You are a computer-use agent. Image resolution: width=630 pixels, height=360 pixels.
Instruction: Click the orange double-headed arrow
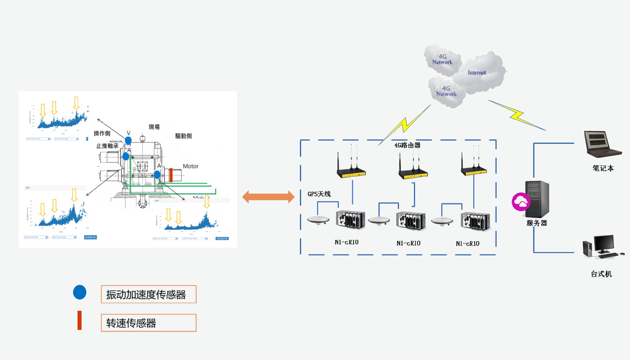pyautogui.click(x=268, y=197)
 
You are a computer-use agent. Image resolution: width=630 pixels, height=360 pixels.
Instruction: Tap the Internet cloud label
pyautogui.click(x=476, y=73)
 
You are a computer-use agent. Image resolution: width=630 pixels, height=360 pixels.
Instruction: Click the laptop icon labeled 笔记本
pyautogui.click(x=602, y=144)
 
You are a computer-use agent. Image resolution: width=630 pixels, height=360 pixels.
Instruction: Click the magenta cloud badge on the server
pyautogui.click(x=521, y=202)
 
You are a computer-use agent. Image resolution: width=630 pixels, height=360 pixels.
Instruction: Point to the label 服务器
pyautogui.click(x=536, y=223)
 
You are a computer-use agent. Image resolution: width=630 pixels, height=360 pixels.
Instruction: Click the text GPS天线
pyautogui.click(x=319, y=194)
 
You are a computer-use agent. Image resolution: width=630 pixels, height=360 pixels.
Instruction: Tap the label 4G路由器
pyautogui.click(x=407, y=145)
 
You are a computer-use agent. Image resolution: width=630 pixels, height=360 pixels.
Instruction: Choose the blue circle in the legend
pyautogui.click(x=80, y=292)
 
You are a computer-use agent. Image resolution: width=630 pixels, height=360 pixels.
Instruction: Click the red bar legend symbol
pyautogui.click(x=79, y=320)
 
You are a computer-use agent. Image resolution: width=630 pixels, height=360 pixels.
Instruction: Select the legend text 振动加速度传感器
pyautogui.click(x=146, y=295)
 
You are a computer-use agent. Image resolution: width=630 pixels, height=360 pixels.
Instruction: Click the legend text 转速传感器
pyautogui.click(x=131, y=323)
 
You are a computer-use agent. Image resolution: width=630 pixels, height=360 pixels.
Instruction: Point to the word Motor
pyautogui.click(x=191, y=166)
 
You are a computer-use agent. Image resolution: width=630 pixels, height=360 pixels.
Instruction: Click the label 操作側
pyautogui.click(x=102, y=133)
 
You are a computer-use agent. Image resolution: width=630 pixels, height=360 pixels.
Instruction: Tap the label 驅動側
pyautogui.click(x=183, y=136)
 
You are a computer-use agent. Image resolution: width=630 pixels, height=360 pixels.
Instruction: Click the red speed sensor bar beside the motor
pyautogui.click(x=171, y=175)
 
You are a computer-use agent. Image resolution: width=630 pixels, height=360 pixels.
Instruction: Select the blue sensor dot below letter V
pyautogui.click(x=128, y=140)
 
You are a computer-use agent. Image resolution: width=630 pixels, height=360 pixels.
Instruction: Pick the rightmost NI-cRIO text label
pyautogui.click(x=468, y=244)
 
